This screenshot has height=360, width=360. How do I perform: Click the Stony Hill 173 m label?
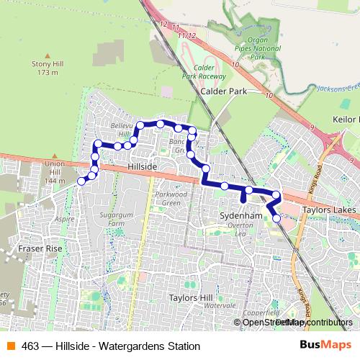48,68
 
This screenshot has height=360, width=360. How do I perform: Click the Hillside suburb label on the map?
141,166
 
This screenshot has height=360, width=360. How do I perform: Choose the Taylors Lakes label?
328,210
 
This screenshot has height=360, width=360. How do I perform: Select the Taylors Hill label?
189,297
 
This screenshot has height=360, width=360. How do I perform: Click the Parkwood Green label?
171,198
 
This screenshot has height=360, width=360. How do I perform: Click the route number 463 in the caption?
31,346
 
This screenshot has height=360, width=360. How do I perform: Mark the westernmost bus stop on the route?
81,181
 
